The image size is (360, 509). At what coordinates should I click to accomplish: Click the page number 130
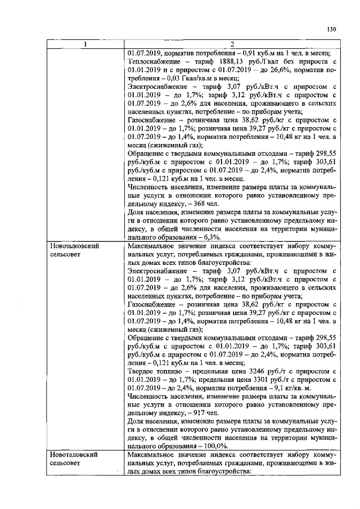pos(332,30)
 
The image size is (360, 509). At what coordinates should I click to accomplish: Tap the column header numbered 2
pos(231,45)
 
